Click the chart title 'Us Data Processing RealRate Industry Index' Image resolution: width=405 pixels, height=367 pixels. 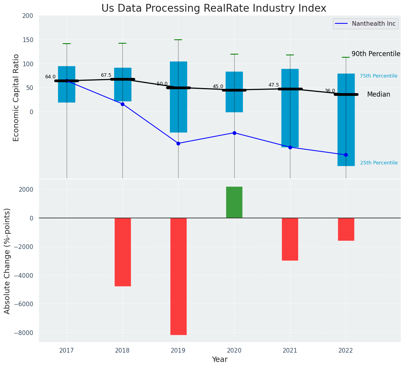[214, 9]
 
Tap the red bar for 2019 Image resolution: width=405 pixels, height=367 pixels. [179, 276]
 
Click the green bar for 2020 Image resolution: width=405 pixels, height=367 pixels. [234, 202]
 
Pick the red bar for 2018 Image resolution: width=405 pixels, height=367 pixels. [122, 252]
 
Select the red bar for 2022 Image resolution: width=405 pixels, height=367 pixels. [346, 229]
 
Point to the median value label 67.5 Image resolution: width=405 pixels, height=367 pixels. [106, 75]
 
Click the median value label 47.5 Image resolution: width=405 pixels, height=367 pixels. [274, 85]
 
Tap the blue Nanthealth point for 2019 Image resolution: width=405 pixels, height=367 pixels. [179, 143]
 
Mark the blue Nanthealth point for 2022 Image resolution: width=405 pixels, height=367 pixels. [346, 155]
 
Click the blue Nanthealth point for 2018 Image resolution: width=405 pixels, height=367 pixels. [122, 104]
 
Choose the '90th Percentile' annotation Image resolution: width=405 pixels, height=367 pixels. [376, 54]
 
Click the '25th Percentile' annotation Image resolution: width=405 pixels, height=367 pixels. [378, 163]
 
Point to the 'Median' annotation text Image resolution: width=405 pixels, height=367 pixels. [378, 94]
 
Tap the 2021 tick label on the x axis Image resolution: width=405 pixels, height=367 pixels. [290, 351]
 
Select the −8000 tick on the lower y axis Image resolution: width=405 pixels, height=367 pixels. [23, 333]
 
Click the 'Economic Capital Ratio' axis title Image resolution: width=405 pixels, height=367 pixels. [16, 97]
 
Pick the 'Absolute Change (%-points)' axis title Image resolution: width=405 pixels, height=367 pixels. [7, 261]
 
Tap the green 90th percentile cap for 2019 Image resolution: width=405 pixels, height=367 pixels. [178, 40]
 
